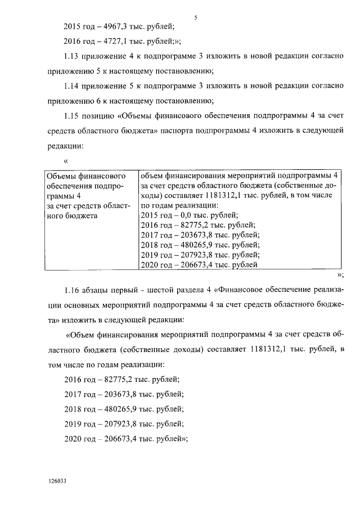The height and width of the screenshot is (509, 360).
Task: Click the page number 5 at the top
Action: tap(195, 17)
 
